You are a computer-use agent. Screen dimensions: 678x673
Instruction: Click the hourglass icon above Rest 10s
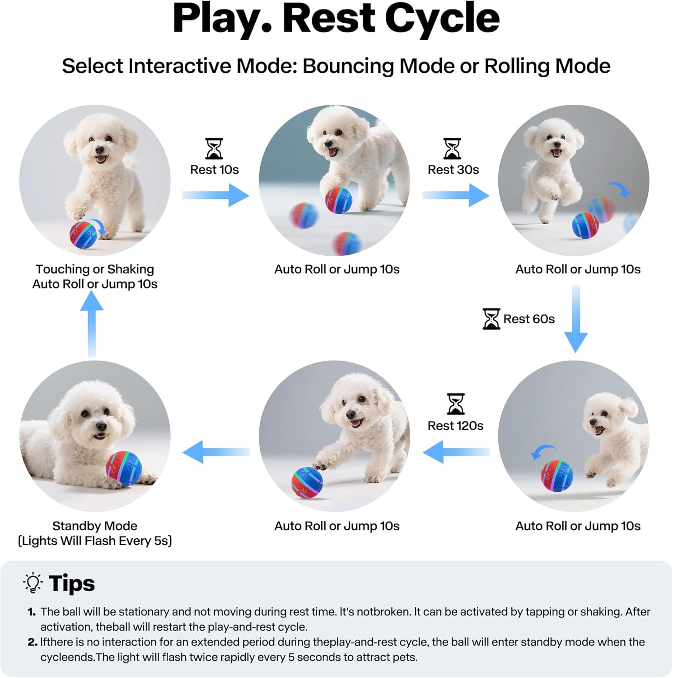click(214, 149)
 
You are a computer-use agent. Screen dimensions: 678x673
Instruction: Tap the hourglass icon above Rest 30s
click(452, 149)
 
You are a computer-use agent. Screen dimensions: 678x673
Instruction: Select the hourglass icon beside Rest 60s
click(491, 319)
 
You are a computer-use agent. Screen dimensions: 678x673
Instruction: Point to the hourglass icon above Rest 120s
click(455, 404)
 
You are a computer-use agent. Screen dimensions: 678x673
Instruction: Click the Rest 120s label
click(455, 426)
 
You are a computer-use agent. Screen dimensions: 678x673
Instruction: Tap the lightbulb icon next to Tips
click(33, 583)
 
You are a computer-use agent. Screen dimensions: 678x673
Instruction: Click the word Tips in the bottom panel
click(72, 583)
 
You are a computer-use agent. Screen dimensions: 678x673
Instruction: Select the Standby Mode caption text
click(95, 526)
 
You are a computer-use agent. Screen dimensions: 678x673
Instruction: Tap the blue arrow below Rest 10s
click(216, 195)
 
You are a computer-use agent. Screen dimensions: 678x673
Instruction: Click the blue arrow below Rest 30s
click(456, 195)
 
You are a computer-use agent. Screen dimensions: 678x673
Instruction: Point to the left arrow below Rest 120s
click(456, 452)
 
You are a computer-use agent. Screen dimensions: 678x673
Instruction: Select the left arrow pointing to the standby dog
click(216, 452)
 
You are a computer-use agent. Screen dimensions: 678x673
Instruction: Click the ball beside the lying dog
click(124, 468)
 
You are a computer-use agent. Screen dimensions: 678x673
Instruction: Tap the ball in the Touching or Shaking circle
click(84, 234)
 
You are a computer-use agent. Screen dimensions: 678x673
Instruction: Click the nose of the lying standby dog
click(101, 426)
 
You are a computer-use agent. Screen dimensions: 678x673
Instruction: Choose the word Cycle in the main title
click(442, 19)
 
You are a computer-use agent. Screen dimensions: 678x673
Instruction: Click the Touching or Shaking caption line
click(95, 269)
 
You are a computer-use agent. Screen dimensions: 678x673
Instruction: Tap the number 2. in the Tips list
click(33, 642)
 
